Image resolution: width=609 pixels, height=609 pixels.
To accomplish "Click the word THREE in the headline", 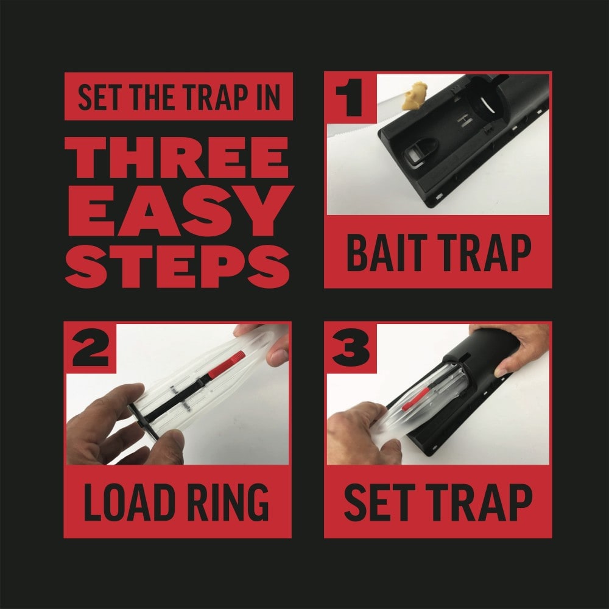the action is click(x=177, y=157).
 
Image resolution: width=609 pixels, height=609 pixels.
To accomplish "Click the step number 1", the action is click(x=349, y=97).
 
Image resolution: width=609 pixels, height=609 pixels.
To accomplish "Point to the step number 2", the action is click(x=90, y=347).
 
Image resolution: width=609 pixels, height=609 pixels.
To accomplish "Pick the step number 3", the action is click(x=351, y=347).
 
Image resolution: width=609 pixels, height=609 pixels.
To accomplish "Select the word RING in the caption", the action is click(x=228, y=502).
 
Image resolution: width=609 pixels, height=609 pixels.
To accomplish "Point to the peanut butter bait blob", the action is click(x=415, y=96).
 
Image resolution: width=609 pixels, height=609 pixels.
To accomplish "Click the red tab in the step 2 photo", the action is click(x=227, y=365).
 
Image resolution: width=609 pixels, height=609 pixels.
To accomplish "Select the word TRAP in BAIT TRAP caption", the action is click(x=484, y=253).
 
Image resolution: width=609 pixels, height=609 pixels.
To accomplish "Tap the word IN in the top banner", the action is click(x=267, y=97).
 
